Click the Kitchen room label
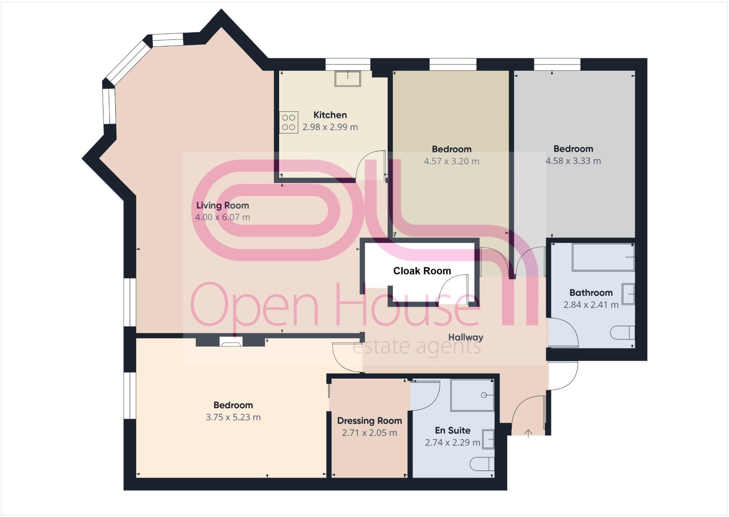click(x=330, y=115)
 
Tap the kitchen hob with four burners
click(x=288, y=122)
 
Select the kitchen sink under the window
click(x=347, y=78)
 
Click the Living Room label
click(x=222, y=205)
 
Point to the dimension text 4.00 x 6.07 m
click(x=222, y=217)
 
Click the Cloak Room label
click(x=422, y=271)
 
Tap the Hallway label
click(x=466, y=337)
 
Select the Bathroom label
click(x=591, y=292)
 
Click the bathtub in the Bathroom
click(x=603, y=257)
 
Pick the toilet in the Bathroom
click(x=622, y=333)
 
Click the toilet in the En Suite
click(x=482, y=464)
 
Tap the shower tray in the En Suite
click(x=472, y=395)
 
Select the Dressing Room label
click(x=369, y=421)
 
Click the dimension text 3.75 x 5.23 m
click(x=233, y=417)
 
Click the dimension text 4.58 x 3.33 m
click(x=573, y=161)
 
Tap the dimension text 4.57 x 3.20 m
click(x=451, y=161)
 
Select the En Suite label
click(x=452, y=430)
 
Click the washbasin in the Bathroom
click(x=628, y=294)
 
